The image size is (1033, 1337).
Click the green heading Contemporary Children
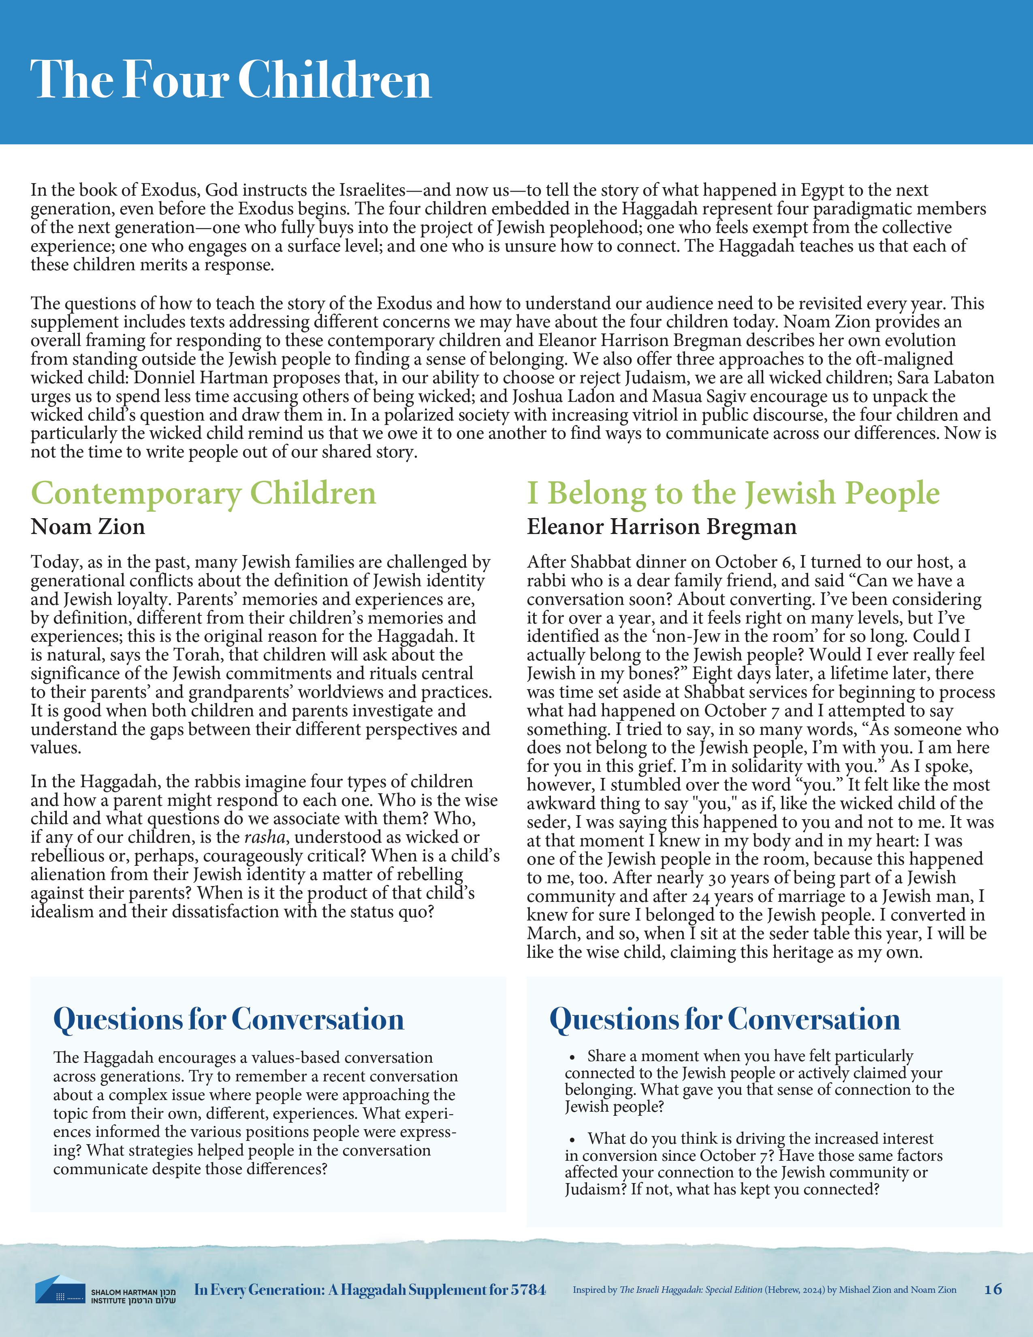[x=203, y=493]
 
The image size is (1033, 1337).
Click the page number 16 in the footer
[x=992, y=1289]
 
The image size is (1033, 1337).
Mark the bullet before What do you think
[x=573, y=1140]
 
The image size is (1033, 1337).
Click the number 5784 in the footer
[x=527, y=1289]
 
